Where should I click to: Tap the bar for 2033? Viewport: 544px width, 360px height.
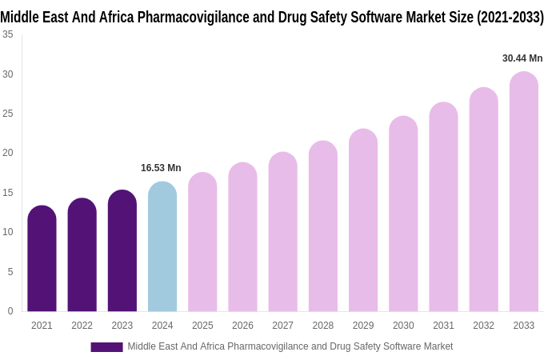point(523,192)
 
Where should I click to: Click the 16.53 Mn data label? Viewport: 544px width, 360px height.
point(161,168)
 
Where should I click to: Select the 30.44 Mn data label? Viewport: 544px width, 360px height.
point(522,58)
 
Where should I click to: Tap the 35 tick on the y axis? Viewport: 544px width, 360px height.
point(7,34)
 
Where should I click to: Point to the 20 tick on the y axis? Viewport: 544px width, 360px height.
point(7,153)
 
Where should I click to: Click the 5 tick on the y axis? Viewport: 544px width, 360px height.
point(10,272)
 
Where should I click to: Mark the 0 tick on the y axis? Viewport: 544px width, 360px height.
point(10,311)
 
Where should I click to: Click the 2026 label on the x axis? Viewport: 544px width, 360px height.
point(242,326)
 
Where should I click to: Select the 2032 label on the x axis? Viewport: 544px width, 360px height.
point(483,326)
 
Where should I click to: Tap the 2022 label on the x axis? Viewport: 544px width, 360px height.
point(82,326)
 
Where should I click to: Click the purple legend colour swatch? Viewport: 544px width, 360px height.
point(106,347)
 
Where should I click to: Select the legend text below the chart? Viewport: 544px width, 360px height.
point(290,346)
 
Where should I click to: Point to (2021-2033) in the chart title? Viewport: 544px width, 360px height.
point(510,17)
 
